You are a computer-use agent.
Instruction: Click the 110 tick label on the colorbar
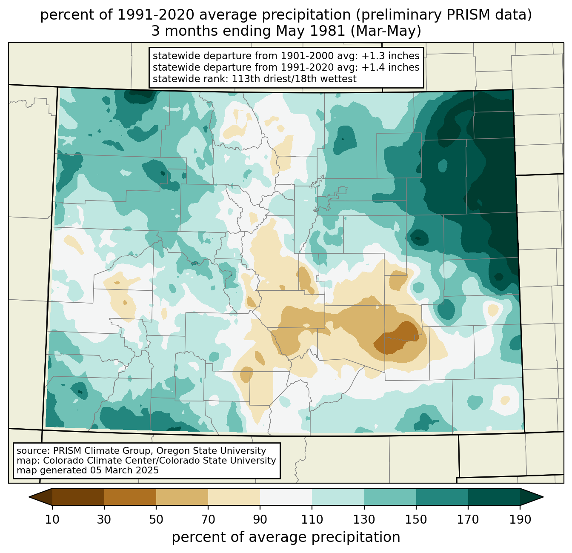point(312,520)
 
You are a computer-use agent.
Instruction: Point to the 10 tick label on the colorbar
point(52,520)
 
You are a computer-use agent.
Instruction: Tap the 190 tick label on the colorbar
point(520,520)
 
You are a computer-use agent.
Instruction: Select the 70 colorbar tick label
point(208,520)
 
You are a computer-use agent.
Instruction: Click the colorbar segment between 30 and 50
point(130,497)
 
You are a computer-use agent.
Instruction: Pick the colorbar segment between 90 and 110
point(286,497)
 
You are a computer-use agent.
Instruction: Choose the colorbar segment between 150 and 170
point(442,497)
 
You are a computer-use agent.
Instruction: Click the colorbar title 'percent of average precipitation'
point(286,537)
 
